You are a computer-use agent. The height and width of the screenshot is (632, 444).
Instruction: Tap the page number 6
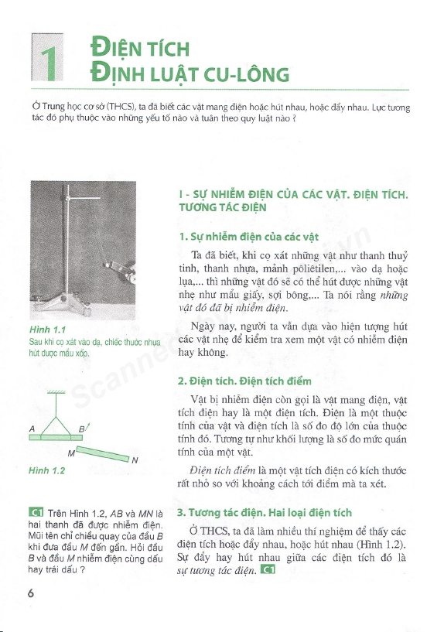pos(31,593)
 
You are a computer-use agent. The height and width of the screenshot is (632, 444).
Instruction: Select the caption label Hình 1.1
pos(47,330)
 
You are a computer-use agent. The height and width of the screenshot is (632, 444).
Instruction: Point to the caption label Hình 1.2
pos(46,470)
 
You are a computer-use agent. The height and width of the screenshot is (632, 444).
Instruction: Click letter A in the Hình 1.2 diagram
pos(32,429)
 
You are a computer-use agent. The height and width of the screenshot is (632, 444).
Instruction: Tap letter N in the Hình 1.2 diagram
pos(135,460)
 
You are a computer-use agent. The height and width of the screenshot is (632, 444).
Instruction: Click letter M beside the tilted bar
pos(71,453)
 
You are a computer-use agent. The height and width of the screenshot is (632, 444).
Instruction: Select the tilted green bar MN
pos(103,454)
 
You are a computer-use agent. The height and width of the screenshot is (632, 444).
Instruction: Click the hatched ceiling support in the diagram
pos(56,391)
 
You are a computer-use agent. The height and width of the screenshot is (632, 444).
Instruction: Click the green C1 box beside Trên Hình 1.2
pos(36,513)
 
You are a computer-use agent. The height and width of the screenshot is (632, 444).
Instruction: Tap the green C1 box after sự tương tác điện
pos(268,570)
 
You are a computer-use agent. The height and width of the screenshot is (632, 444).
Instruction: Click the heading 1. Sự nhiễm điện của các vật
pos(248,237)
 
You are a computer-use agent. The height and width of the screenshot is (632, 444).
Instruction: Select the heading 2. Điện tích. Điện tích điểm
pos(244,381)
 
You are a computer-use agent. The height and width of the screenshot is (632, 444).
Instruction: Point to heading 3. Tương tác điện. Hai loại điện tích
pos(265,513)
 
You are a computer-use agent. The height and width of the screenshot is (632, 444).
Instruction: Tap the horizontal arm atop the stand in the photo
pos(84,198)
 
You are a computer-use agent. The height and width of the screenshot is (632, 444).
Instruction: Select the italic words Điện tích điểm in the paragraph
pos(223,470)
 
